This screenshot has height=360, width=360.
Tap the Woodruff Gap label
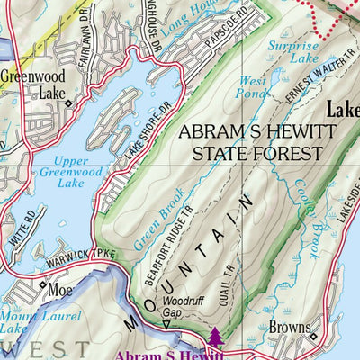coord(179,309)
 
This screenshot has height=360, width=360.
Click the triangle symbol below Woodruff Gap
coord(166,324)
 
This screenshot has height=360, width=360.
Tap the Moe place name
coord(60,290)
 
